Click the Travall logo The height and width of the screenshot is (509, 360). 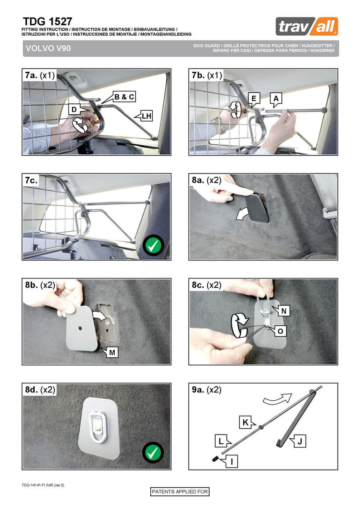[x=307, y=26]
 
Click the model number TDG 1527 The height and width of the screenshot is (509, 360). [x=48, y=22]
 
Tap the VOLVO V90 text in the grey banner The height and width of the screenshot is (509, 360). [x=48, y=48]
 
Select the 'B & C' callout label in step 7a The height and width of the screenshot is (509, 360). [x=124, y=97]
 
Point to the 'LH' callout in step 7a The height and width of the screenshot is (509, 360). [x=146, y=116]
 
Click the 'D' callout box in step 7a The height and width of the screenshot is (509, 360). [x=74, y=109]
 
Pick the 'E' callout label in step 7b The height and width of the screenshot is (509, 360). [x=254, y=98]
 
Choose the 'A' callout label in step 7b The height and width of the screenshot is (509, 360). [x=276, y=98]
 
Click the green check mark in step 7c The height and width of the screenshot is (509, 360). [x=153, y=245]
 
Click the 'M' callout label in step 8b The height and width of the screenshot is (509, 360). [x=112, y=352]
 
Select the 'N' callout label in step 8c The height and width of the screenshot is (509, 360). [x=284, y=311]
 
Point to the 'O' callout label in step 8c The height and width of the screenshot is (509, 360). [x=280, y=331]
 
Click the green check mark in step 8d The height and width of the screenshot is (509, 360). [x=153, y=452]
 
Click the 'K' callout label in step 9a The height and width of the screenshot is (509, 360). [x=246, y=422]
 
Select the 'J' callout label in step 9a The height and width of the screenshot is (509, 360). [x=300, y=442]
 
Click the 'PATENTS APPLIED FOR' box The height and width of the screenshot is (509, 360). [x=180, y=492]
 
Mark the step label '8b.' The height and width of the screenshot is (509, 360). [x=31, y=285]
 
